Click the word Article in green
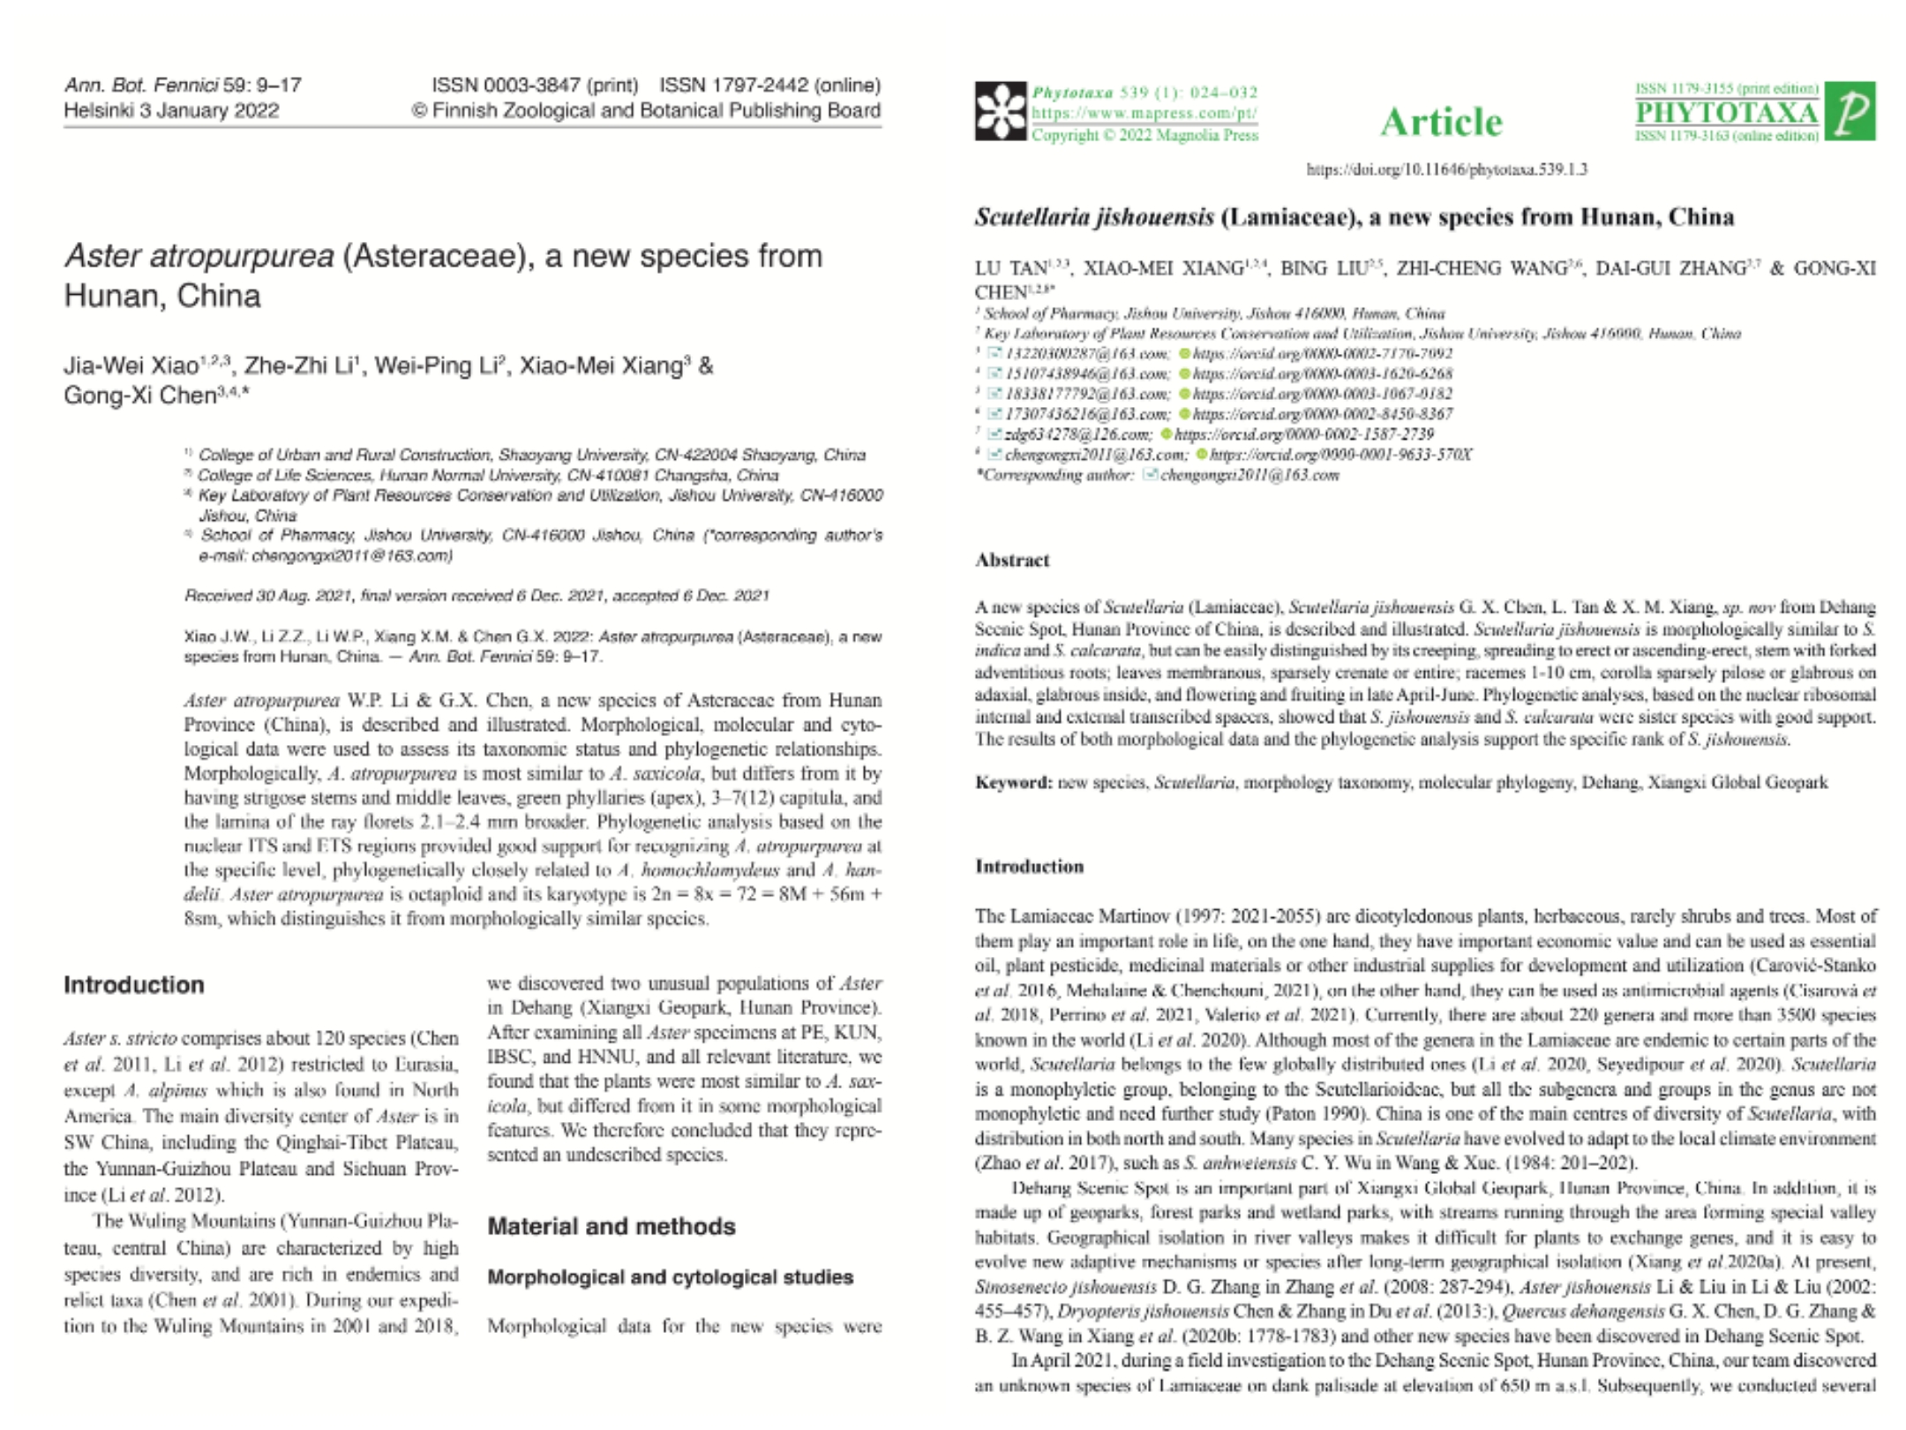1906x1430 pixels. [x=1440, y=122]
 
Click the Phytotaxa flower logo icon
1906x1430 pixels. [x=1000, y=111]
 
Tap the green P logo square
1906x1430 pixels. [x=1850, y=111]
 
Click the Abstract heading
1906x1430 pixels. [x=1012, y=560]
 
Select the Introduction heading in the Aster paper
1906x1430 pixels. [x=133, y=984]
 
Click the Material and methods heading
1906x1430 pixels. [x=611, y=1226]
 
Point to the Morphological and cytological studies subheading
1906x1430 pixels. [x=670, y=1277]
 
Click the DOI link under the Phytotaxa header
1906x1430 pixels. [x=1446, y=169]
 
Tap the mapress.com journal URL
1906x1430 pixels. [x=1144, y=113]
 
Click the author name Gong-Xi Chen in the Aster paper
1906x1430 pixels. [x=139, y=395]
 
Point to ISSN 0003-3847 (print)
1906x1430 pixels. [x=534, y=85]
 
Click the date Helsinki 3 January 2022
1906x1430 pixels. [x=171, y=110]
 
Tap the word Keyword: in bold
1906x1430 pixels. [x=1014, y=782]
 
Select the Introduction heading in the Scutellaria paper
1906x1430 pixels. [x=1029, y=866]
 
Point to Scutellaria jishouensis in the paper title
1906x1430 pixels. [x=1094, y=217]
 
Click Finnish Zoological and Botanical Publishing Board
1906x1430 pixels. [x=656, y=110]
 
